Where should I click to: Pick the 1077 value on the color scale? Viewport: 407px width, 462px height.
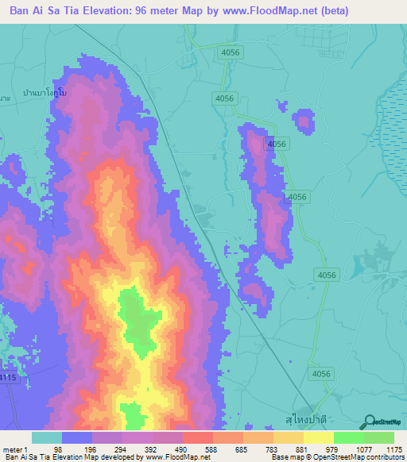pos(362,449)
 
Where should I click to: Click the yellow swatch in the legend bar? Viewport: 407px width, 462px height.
pos(318,437)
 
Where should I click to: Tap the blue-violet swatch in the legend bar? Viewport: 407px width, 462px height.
pos(77,437)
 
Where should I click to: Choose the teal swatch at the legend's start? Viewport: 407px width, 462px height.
pos(47,437)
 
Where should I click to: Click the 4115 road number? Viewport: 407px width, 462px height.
pos(6,379)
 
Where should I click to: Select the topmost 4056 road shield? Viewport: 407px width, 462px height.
pos(231,52)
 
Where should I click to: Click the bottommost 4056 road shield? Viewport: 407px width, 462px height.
pos(321,373)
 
